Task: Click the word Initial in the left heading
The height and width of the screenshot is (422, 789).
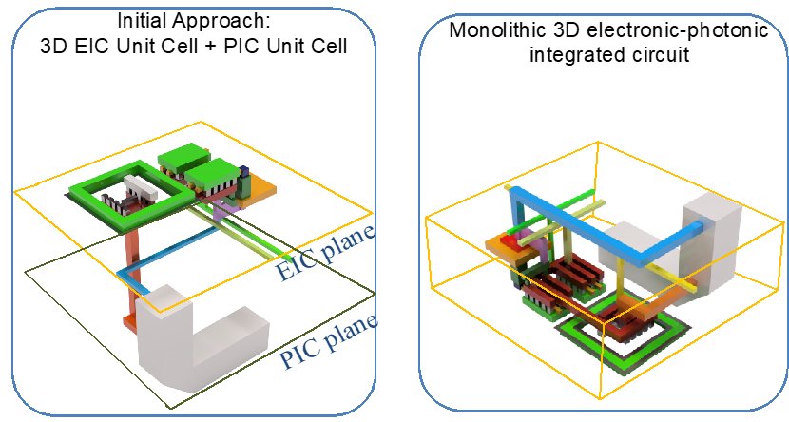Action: [142, 21]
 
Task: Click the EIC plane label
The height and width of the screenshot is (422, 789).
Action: [325, 253]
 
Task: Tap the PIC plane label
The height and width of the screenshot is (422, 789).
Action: [328, 342]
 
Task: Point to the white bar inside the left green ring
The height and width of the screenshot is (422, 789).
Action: [141, 187]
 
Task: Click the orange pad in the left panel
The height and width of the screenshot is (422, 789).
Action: [261, 187]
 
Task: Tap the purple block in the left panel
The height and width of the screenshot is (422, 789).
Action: [221, 210]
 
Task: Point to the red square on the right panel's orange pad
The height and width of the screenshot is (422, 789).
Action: [510, 244]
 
